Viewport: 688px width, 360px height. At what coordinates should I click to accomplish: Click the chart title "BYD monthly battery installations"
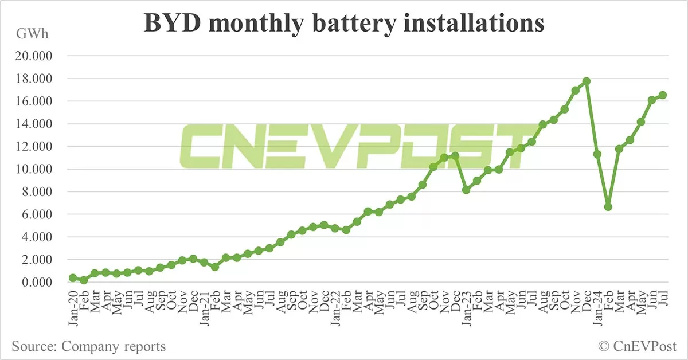[x=343, y=24]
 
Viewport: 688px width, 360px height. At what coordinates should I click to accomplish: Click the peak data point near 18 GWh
[x=586, y=81]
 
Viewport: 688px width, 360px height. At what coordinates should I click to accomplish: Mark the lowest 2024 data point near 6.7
[x=608, y=206]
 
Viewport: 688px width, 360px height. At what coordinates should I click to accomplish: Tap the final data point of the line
[x=662, y=95]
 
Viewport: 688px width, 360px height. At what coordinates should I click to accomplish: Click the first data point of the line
[x=73, y=277]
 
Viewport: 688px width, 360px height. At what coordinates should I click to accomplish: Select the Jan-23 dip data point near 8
[x=466, y=190]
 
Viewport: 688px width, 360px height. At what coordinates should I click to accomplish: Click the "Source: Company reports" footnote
[x=89, y=346]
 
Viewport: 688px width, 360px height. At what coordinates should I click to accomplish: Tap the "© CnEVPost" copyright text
[x=637, y=346]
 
